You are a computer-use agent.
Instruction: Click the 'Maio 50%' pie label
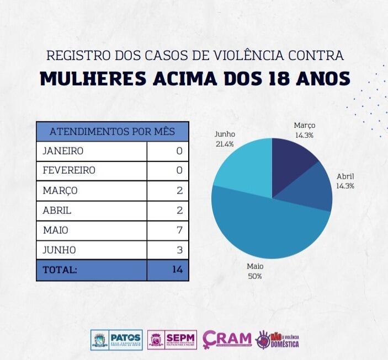(x=254, y=271)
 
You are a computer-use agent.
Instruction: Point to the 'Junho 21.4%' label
(x=225, y=138)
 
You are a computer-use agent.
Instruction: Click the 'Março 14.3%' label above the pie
(x=304, y=130)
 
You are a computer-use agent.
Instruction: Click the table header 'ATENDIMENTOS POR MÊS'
(x=113, y=132)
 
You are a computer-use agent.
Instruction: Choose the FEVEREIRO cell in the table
(x=69, y=170)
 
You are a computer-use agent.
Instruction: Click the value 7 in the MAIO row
(x=178, y=230)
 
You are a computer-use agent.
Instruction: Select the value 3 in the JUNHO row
(x=178, y=250)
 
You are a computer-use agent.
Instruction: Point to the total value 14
(x=177, y=270)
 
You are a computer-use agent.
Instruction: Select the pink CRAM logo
(x=227, y=338)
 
